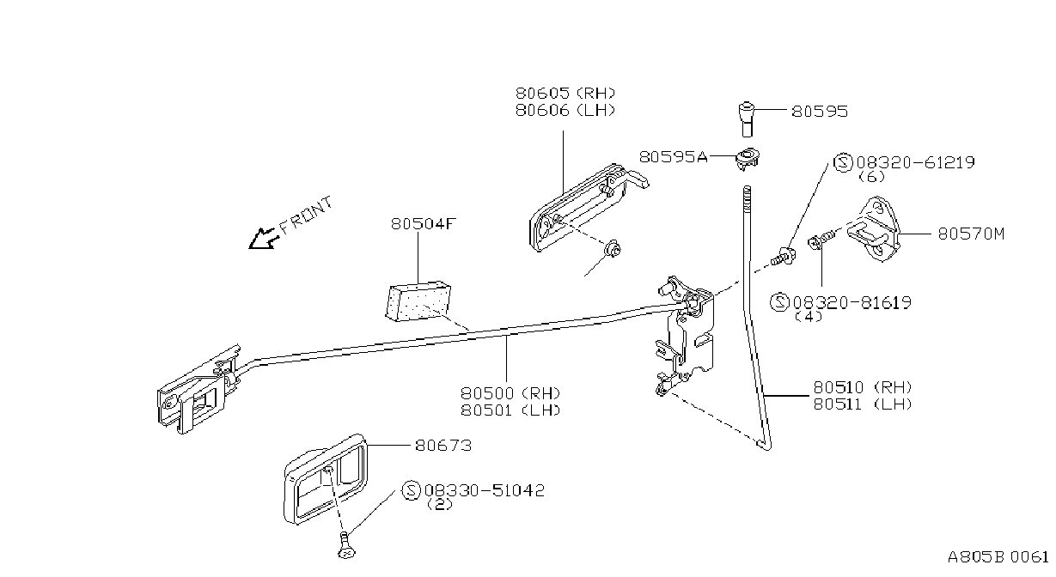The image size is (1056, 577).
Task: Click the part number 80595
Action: [x=820, y=111]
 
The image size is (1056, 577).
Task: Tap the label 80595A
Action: [x=673, y=157]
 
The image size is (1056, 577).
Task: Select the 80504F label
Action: [x=424, y=223]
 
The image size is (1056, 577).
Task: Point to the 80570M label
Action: [x=971, y=234]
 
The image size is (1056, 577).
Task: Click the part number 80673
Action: [x=443, y=445]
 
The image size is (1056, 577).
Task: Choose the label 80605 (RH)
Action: [x=565, y=93]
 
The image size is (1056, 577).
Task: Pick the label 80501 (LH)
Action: [x=510, y=410]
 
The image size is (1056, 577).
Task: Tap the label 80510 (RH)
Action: [x=863, y=387]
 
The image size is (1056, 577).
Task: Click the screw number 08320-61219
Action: [x=915, y=162]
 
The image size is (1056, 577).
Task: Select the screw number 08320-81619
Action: [x=852, y=302]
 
